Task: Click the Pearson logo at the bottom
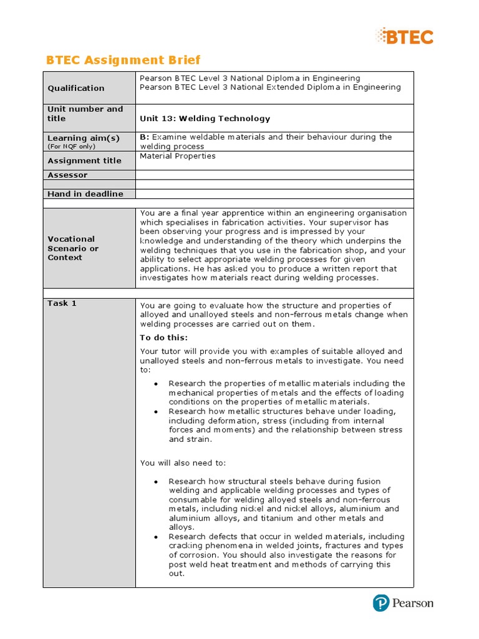403,603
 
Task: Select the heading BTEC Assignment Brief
123,60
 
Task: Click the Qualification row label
76,88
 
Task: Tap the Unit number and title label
85,114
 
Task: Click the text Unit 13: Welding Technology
205,119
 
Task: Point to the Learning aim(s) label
84,138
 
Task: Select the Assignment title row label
84,160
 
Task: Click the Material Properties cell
178,156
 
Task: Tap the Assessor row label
67,175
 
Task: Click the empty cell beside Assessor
274,175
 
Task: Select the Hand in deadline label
85,194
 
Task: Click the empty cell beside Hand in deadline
274,194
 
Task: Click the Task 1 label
62,303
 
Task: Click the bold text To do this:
163,338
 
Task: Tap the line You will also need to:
183,462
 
